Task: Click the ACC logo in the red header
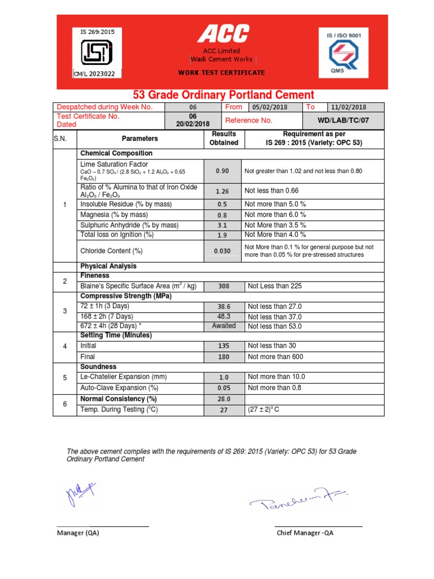pyautogui.click(x=223, y=34)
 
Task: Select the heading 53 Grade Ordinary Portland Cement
pyautogui.click(x=223, y=95)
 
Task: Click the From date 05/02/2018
pyautogui.click(x=270, y=107)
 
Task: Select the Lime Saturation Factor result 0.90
pyautogui.click(x=223, y=171)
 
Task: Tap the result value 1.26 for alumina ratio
pyautogui.click(x=223, y=191)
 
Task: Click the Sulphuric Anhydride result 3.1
pyautogui.click(x=223, y=225)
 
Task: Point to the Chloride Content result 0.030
pyautogui.click(x=223, y=251)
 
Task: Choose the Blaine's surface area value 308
pyautogui.click(x=224, y=287)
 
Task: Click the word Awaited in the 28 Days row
pyautogui.click(x=224, y=326)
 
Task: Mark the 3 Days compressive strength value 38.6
pyautogui.click(x=224, y=306)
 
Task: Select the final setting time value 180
pyautogui.click(x=224, y=357)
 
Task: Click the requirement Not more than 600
pyautogui.click(x=275, y=357)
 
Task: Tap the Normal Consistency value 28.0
pyautogui.click(x=224, y=399)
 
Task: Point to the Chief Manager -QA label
pyautogui.click(x=305, y=533)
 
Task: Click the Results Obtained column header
pyautogui.click(x=224, y=139)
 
